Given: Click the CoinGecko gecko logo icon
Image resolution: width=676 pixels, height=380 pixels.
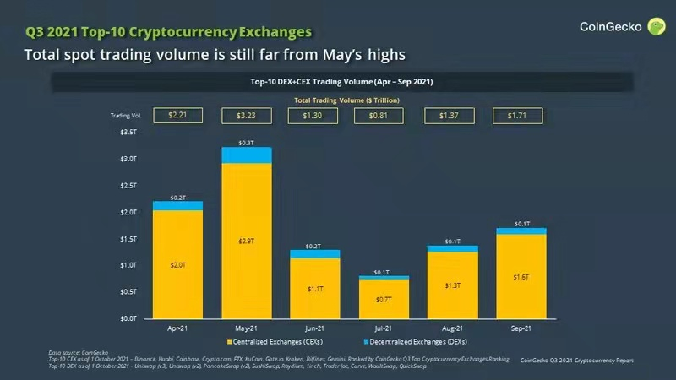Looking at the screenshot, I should point(656,27).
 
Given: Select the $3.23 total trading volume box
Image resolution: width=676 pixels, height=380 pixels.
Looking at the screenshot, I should point(247,115).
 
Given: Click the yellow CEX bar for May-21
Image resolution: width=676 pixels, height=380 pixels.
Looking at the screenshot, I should point(247,241).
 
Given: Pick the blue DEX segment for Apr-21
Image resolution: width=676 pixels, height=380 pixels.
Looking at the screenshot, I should point(177,206).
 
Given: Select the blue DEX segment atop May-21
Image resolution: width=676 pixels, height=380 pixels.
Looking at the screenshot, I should point(247,155).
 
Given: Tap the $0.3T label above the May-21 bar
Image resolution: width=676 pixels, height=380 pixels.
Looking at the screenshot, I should point(247,143).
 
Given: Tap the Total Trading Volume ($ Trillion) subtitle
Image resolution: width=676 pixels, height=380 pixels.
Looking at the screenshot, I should point(346,100).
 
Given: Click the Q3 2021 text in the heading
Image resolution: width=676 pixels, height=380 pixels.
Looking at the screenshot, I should point(52,32).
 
